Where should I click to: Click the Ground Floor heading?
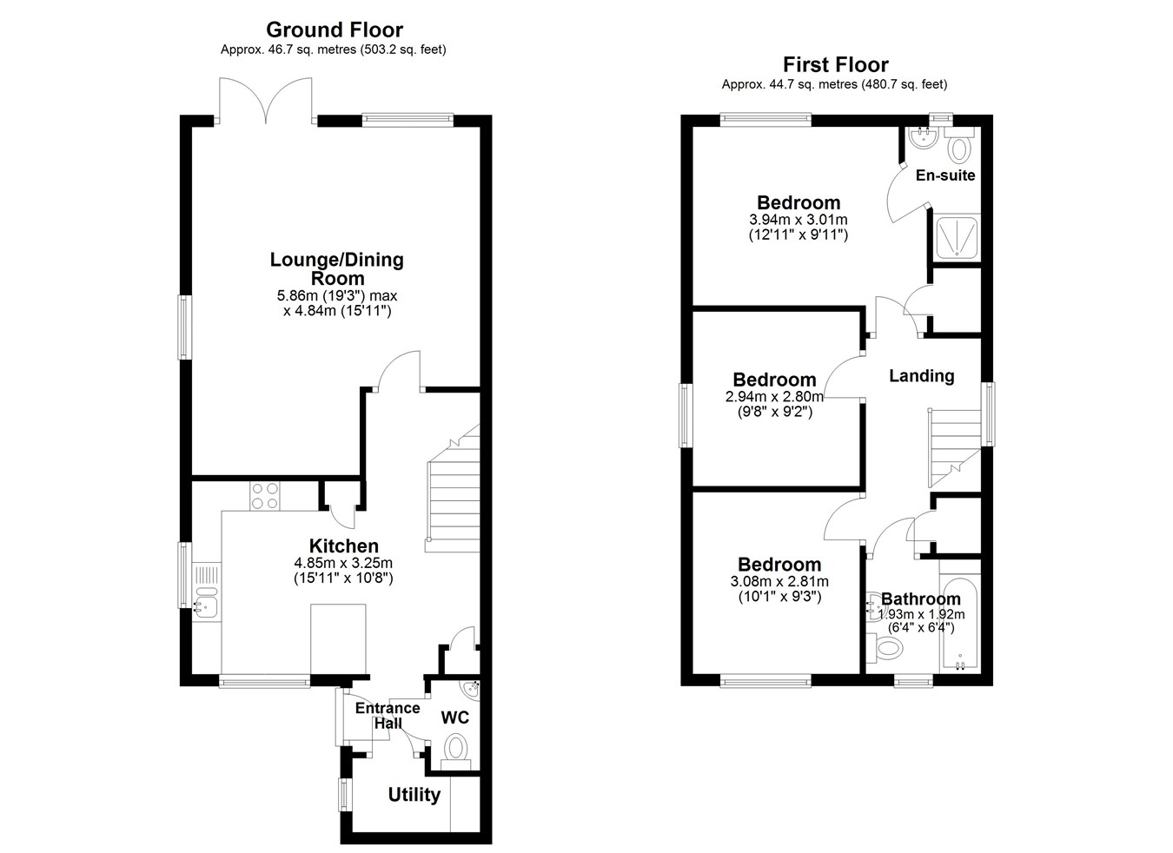pos(335,30)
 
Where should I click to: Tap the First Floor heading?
pos(835,65)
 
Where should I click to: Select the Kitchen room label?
pos(343,546)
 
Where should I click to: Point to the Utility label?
pos(414,794)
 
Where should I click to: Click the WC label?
pos(454,717)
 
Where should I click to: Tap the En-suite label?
pos(945,175)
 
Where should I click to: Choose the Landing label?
pos(921,376)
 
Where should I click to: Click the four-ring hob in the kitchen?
pos(264,495)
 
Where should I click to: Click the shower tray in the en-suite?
pos(958,238)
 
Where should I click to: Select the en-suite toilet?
pos(959,144)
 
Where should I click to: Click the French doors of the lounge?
pos(266,101)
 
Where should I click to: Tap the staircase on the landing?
pos(955,448)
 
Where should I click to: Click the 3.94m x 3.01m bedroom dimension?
pos(798,219)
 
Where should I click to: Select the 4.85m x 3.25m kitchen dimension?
pos(343,563)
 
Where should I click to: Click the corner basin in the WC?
pos(471,689)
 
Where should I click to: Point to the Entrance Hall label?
pos(388,715)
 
